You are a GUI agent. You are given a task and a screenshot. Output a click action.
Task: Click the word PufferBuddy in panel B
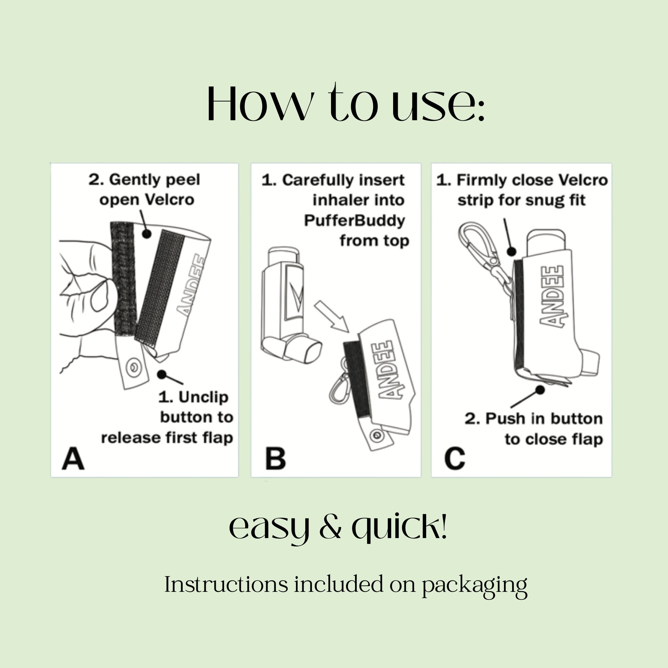tap(354, 220)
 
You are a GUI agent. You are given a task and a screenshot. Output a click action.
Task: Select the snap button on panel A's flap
tap(133, 367)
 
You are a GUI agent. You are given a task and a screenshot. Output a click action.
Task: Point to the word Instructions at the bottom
tap(226, 584)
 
